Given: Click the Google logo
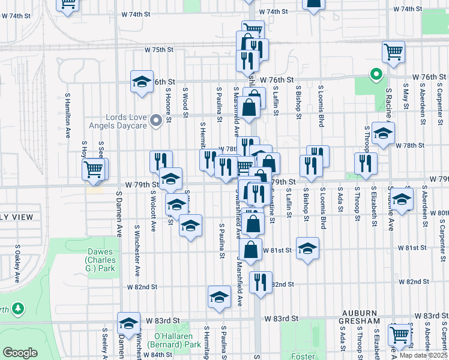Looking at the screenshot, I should click(20, 353).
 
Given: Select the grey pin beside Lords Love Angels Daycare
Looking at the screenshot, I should click(156, 121).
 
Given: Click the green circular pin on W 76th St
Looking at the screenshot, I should click(376, 75).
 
